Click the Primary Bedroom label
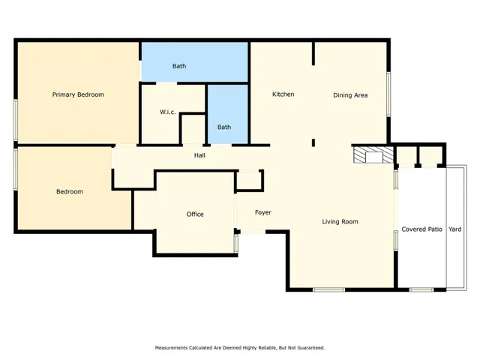click(x=78, y=94)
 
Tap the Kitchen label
click(x=283, y=94)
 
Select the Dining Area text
click(x=350, y=95)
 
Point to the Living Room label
click(x=340, y=222)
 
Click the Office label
click(x=195, y=214)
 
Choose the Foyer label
click(x=263, y=212)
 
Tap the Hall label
click(x=199, y=155)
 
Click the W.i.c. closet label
click(x=168, y=112)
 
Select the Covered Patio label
click(x=421, y=229)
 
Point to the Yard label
click(x=455, y=229)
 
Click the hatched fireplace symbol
click(x=373, y=155)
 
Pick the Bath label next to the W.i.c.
click(x=224, y=127)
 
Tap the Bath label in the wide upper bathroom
click(x=179, y=66)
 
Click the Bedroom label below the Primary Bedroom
click(x=70, y=192)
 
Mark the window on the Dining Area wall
click(x=388, y=94)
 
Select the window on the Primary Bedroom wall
click(x=16, y=120)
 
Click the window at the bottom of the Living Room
click(x=328, y=289)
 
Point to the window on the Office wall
click(x=236, y=244)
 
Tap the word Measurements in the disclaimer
click(x=172, y=348)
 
